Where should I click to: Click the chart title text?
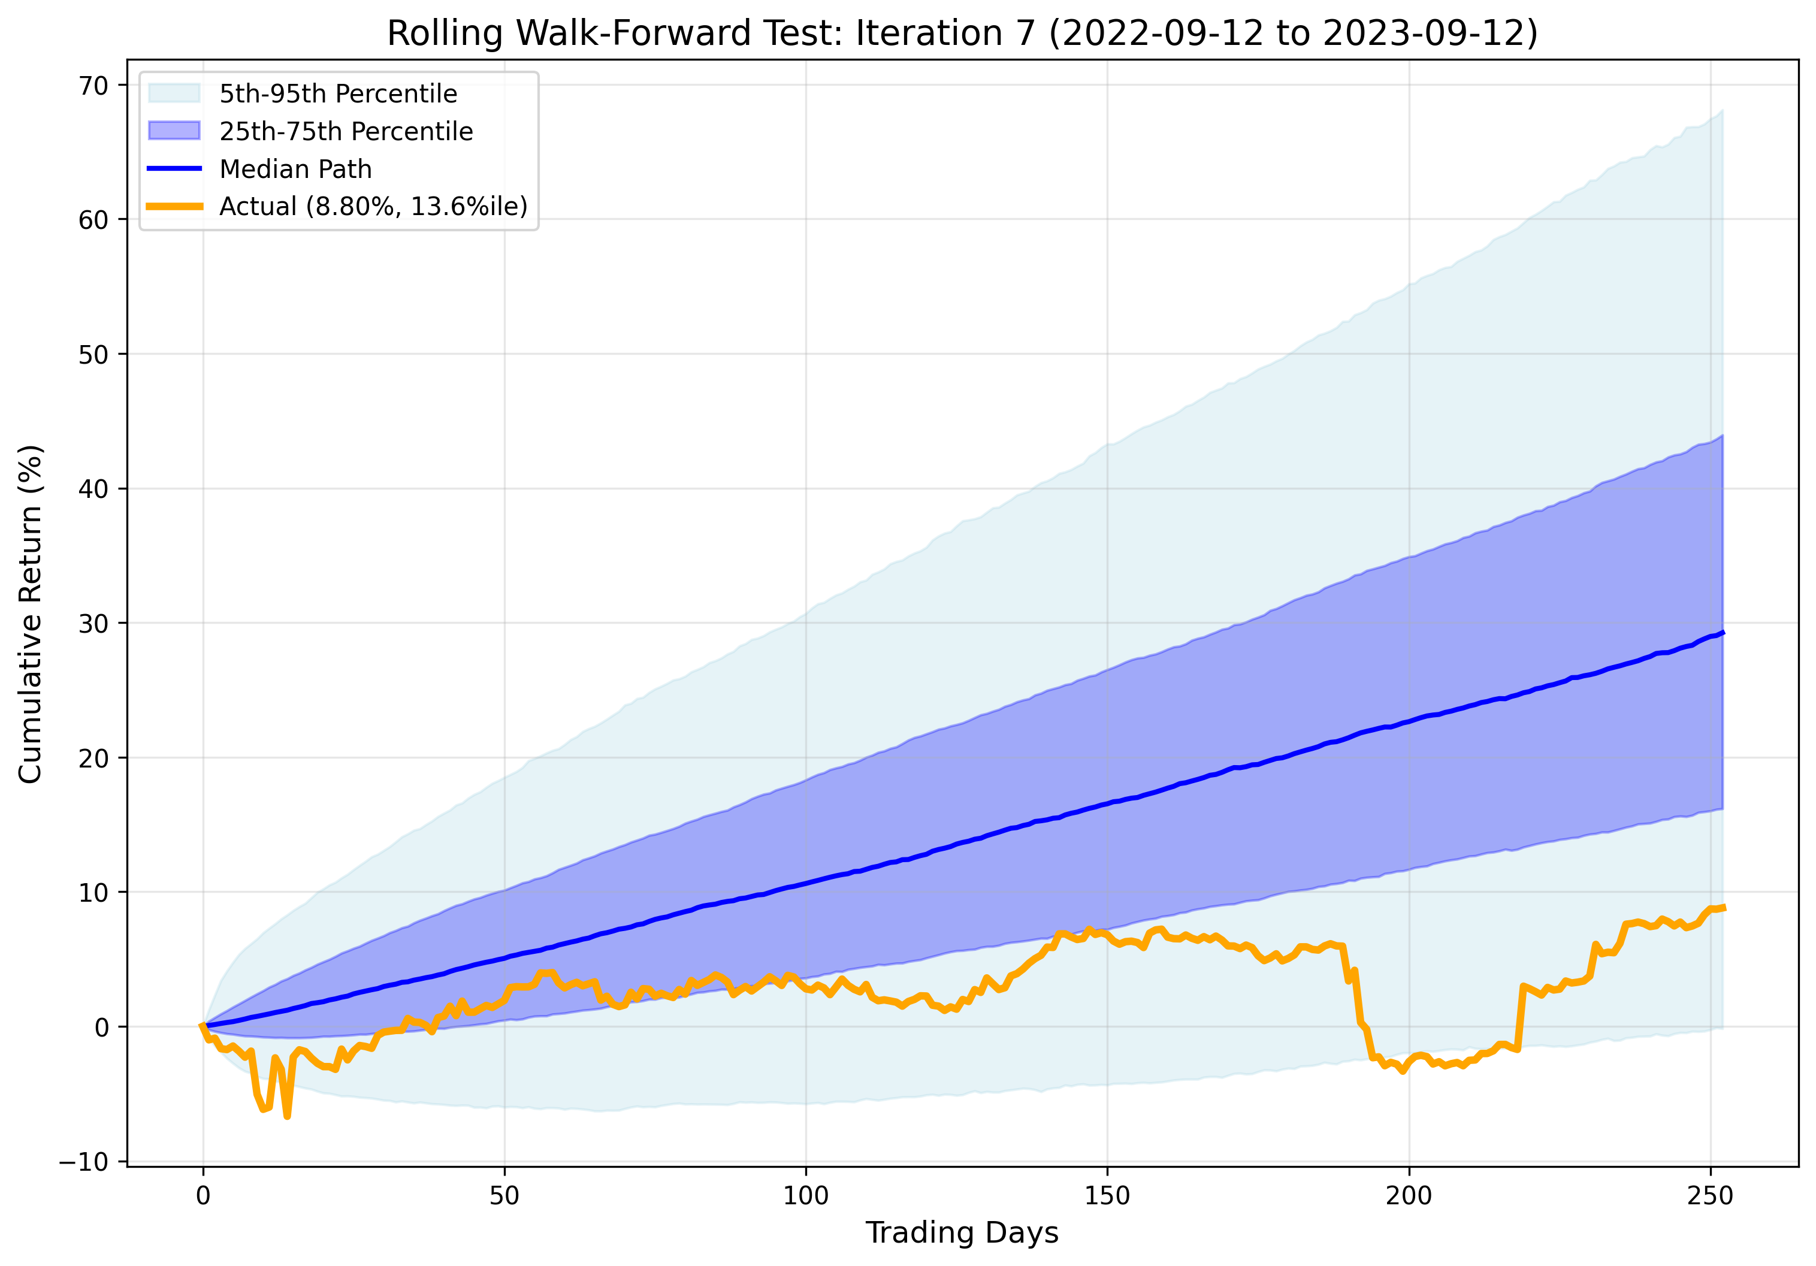(962, 33)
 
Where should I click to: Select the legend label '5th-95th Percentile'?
(338, 94)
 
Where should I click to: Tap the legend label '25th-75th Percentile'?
(346, 131)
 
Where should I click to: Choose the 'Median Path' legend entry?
(295, 169)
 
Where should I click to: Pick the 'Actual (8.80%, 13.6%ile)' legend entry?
(373, 206)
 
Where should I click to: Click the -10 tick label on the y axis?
(84, 1162)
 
